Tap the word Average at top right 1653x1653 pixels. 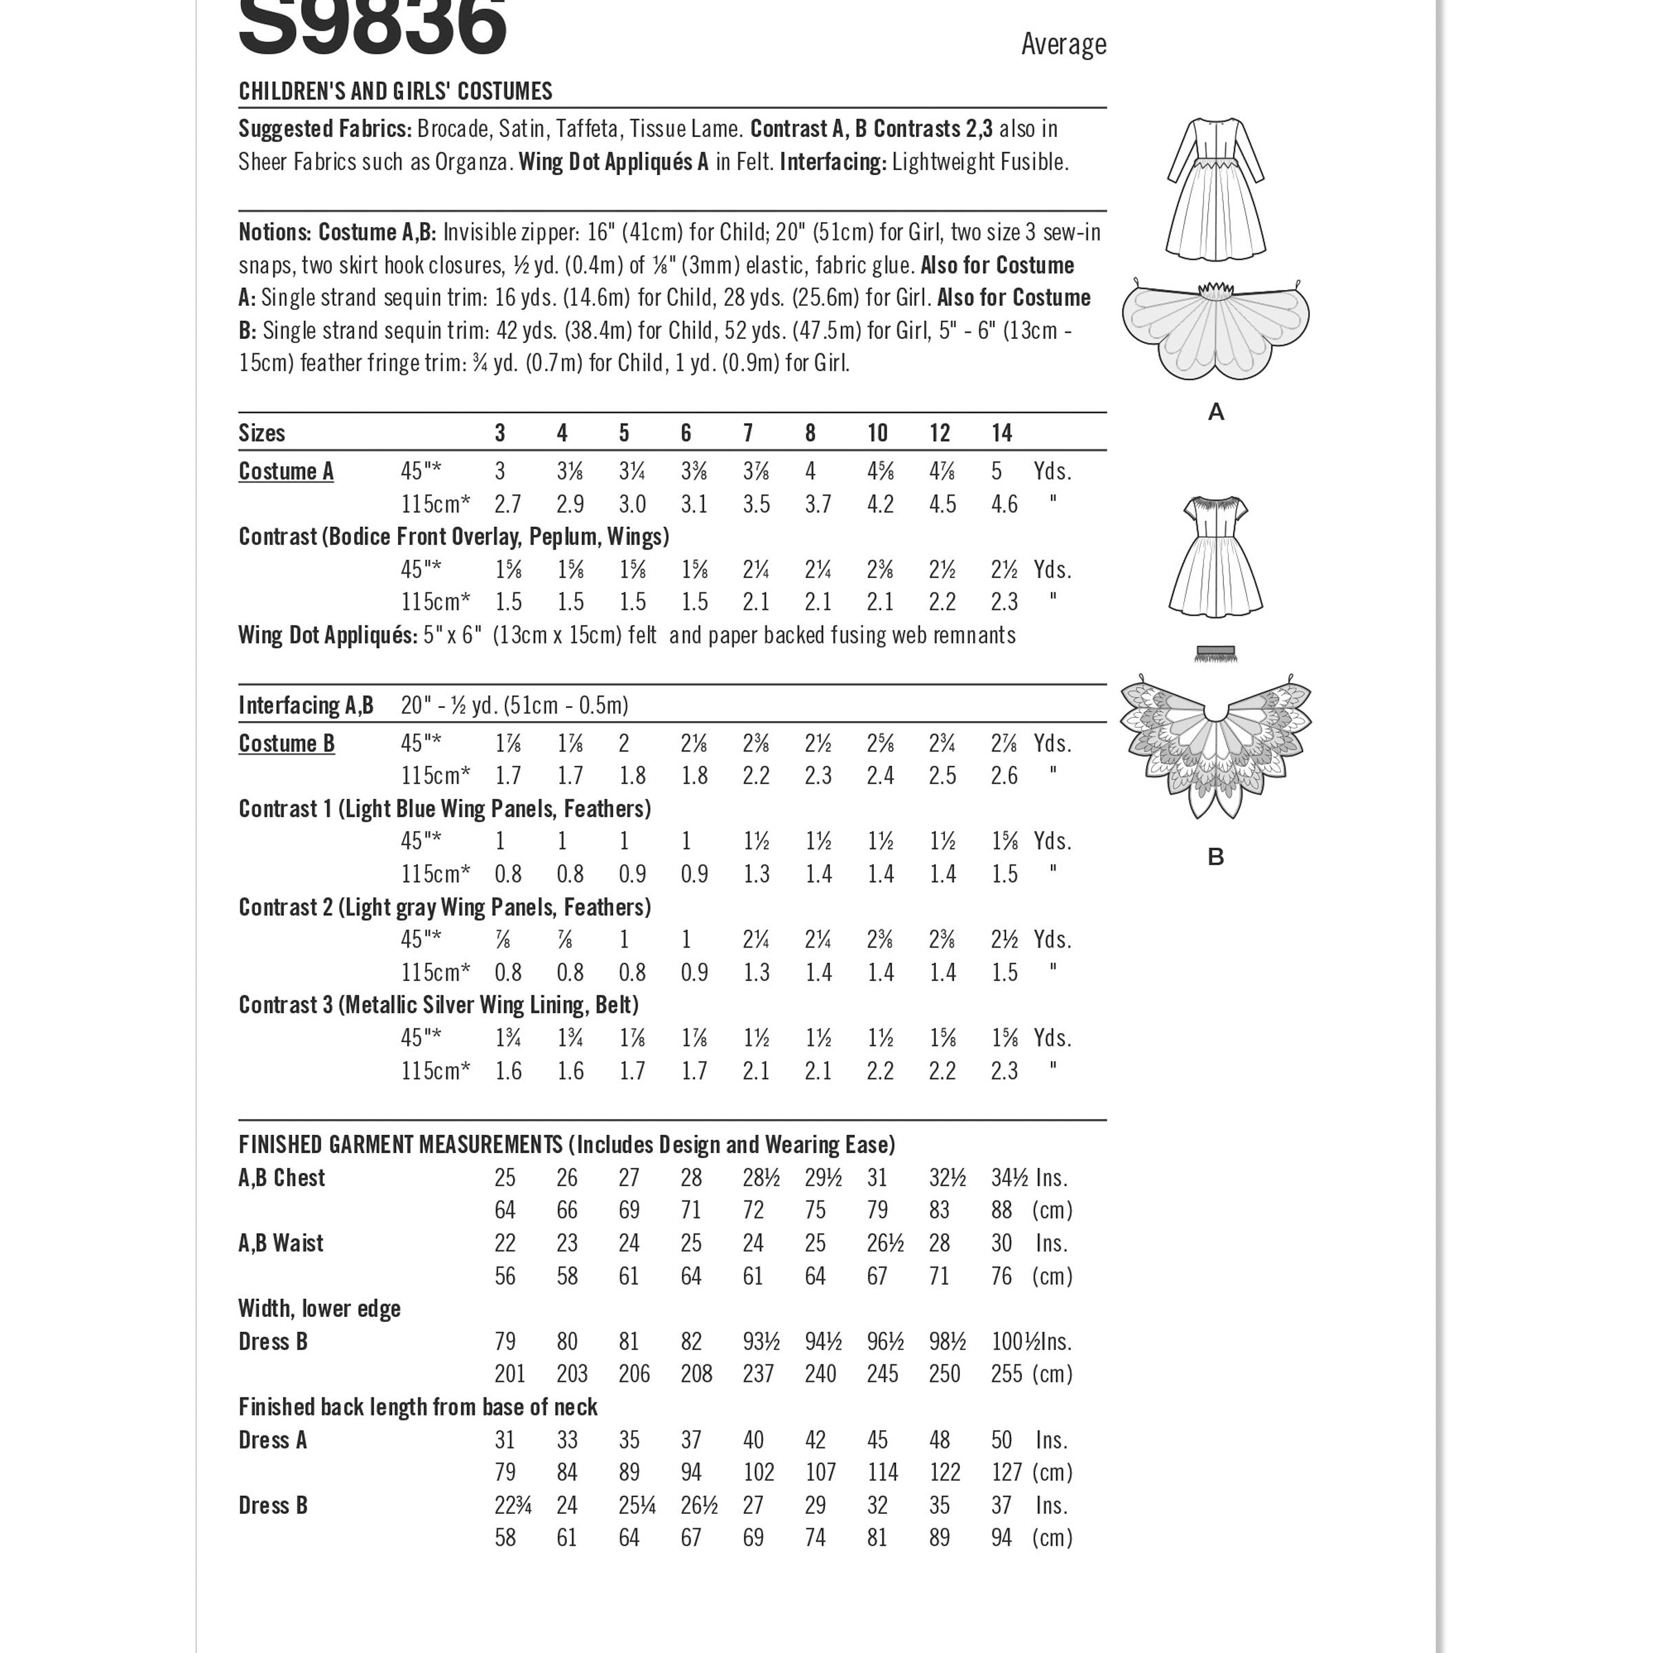(x=1063, y=45)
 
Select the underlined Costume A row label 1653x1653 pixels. (x=286, y=471)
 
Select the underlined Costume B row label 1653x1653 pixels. (x=286, y=744)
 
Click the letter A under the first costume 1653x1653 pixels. (x=1215, y=413)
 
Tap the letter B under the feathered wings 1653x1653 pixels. (x=1215, y=856)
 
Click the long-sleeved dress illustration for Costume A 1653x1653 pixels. (x=1215, y=188)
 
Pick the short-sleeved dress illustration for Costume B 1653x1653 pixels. (x=1215, y=556)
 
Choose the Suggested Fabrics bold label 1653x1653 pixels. (x=325, y=129)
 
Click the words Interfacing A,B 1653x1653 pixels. (x=305, y=706)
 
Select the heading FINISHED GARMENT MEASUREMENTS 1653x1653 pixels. (x=399, y=1145)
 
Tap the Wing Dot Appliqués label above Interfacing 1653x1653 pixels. (x=328, y=636)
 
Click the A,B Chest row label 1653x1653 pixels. (x=282, y=1178)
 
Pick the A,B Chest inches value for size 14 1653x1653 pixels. (x=1009, y=1178)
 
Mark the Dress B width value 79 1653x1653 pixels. (x=505, y=1342)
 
